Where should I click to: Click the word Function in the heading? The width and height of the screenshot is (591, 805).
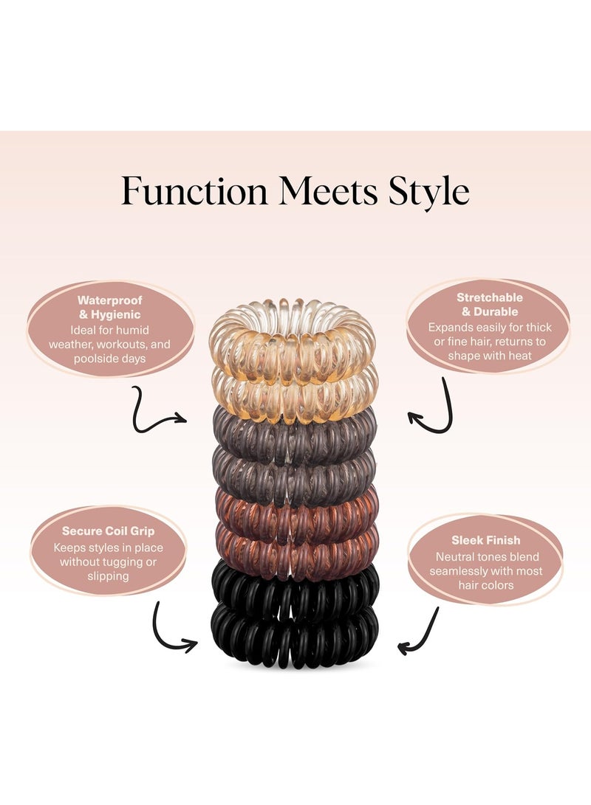click(195, 190)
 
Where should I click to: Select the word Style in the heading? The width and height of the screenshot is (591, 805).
click(429, 192)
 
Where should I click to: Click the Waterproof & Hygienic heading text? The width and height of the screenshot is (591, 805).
click(109, 308)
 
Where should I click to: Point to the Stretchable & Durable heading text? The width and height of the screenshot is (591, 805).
click(490, 305)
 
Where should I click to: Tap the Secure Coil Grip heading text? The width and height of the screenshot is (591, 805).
click(108, 531)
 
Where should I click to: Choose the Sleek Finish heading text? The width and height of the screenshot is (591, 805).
click(485, 540)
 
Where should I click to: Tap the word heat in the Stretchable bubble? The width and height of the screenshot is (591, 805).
click(519, 356)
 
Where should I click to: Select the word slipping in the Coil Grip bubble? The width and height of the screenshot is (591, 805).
click(108, 576)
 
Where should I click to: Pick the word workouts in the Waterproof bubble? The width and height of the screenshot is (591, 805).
click(123, 345)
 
